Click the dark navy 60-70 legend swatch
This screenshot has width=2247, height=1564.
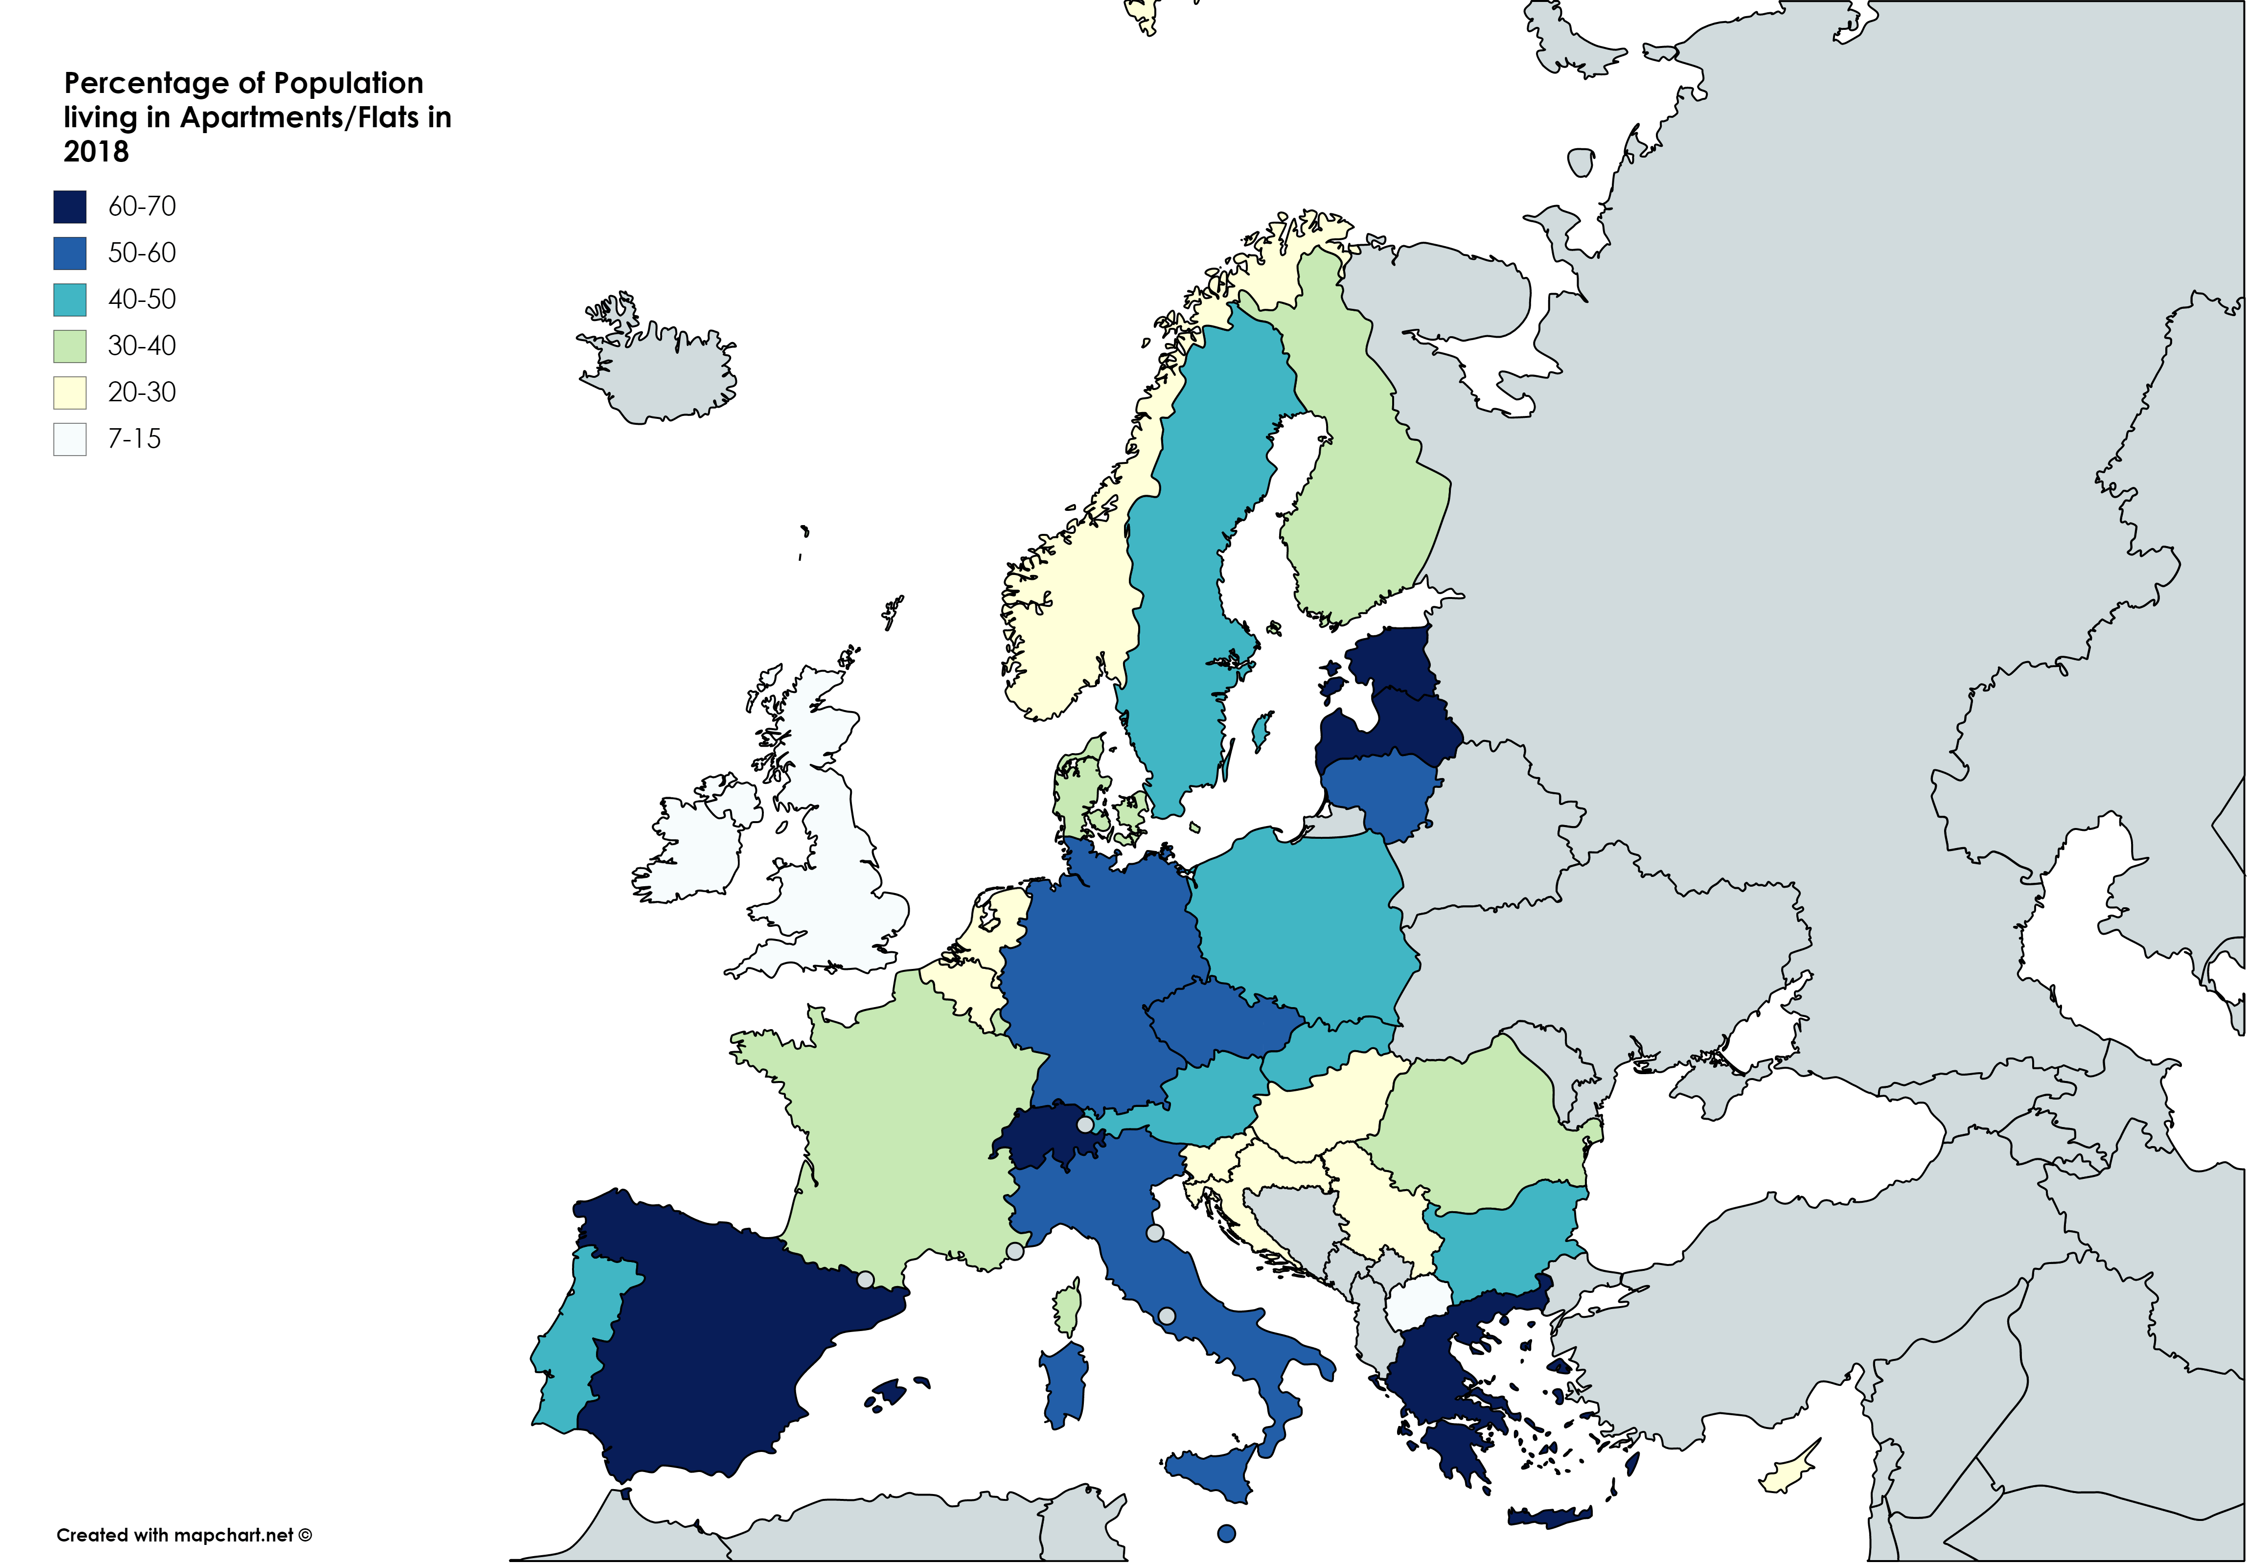point(69,207)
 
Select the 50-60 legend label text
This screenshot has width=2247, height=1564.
point(142,253)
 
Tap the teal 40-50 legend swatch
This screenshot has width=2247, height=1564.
point(69,299)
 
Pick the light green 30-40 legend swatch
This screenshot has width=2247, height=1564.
point(69,345)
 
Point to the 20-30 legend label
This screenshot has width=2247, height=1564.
point(142,392)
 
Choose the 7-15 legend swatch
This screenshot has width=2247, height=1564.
point(69,438)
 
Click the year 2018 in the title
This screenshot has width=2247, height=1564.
point(96,152)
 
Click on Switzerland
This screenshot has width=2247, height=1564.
point(1042,1140)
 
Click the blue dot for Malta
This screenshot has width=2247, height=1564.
point(1226,1534)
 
